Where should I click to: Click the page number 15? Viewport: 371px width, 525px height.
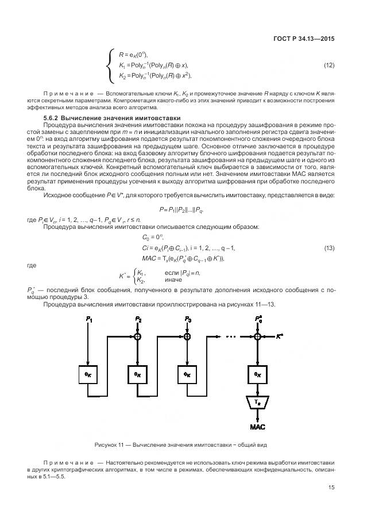pyautogui.click(x=331, y=488)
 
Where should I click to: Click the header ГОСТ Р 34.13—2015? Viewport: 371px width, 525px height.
pyautogui.click(x=304, y=39)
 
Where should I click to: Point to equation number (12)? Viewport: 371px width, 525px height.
pyautogui.click(x=329, y=65)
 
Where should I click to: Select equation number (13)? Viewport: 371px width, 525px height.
pyautogui.click(x=329, y=248)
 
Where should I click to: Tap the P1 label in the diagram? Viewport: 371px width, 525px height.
pyautogui.click(x=88, y=319)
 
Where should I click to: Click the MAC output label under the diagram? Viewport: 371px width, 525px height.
pyautogui.click(x=257, y=427)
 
